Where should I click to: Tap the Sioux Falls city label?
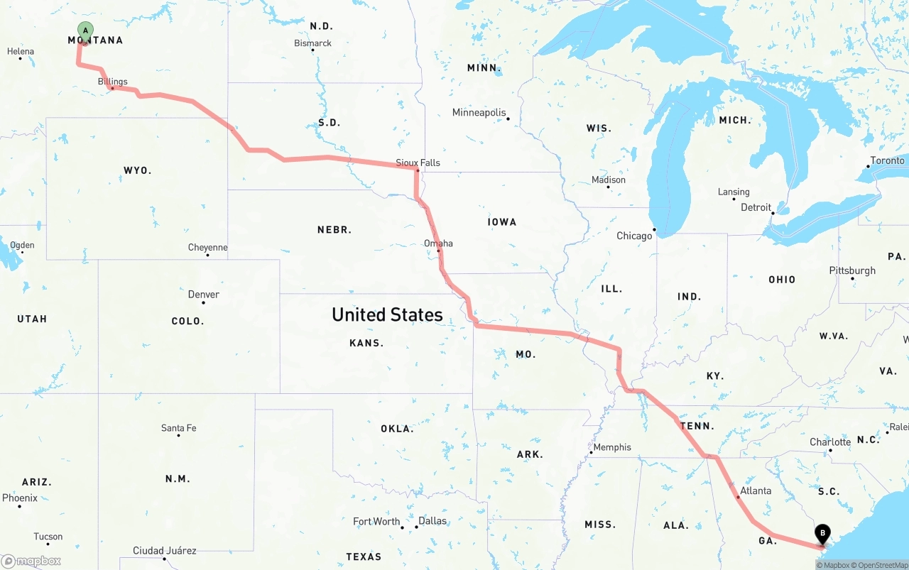[x=418, y=163]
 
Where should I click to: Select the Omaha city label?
[x=438, y=243]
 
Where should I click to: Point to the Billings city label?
[x=113, y=82]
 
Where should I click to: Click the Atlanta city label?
[x=756, y=490]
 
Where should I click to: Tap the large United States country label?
[x=387, y=314]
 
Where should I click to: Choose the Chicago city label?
[x=634, y=236]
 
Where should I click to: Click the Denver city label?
[x=203, y=294]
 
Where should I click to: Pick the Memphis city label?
[x=612, y=447]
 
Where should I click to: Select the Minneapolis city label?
[x=479, y=112]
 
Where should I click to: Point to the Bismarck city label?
[x=312, y=43]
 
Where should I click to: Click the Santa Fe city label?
[x=178, y=428]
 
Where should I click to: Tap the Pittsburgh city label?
[x=852, y=270]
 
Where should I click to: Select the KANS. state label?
[x=366, y=343]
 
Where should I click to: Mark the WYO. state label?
[x=137, y=170]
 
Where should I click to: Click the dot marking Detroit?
[x=773, y=212]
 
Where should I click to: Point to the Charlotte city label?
[x=830, y=442]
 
